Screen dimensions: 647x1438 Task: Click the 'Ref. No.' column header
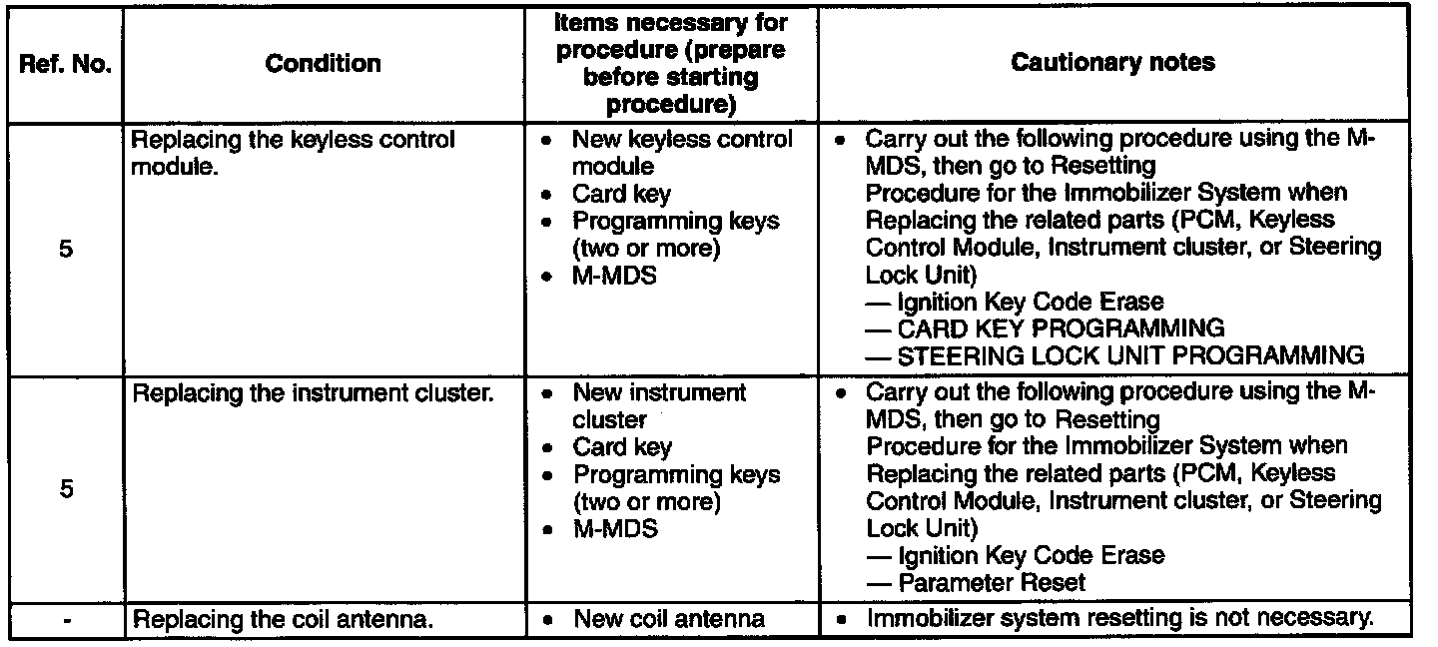coord(65,65)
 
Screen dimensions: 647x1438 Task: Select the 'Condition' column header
coord(323,64)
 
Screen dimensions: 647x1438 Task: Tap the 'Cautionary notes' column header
coord(1113,63)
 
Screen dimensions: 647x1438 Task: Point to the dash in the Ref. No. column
coord(65,619)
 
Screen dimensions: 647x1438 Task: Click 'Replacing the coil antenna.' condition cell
coord(283,620)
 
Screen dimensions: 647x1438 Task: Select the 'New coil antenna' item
coord(669,619)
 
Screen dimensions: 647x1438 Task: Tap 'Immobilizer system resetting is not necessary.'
coord(1119,618)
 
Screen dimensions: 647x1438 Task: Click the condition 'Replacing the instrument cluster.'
coord(313,394)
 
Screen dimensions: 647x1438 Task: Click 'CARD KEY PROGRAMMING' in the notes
coord(1062,327)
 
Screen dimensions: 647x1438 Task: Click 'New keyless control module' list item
coord(682,152)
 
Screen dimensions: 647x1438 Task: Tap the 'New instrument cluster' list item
coord(659,406)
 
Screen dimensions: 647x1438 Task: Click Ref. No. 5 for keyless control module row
coord(65,250)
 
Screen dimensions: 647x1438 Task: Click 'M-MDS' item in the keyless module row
coord(614,276)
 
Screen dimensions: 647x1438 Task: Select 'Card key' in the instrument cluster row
coord(622,447)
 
